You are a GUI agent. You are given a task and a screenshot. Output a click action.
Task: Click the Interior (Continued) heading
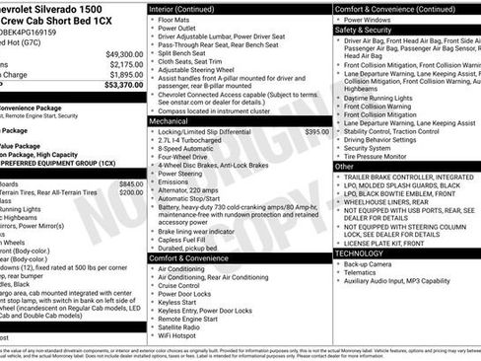pos(189,8)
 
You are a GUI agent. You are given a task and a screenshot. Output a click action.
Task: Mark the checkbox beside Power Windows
pos(338,20)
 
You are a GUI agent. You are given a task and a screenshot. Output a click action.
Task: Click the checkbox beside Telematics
pos(338,273)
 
